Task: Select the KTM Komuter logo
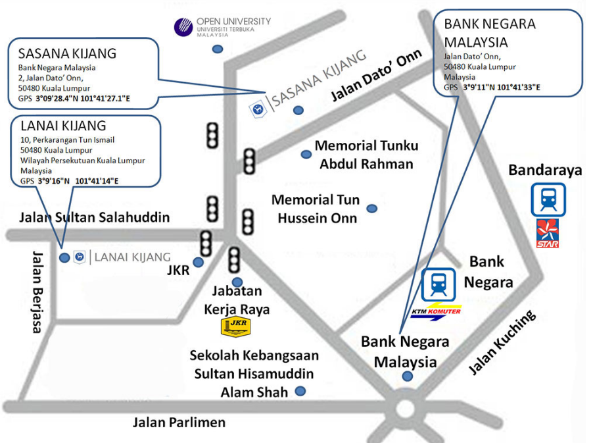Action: [436, 311]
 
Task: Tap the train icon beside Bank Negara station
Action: [438, 285]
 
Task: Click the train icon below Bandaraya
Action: [548, 199]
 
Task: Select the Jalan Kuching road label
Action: [502, 342]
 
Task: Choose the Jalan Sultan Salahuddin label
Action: [94, 217]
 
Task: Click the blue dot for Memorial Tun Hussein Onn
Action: [372, 208]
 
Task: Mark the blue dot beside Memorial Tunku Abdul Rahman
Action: [306, 154]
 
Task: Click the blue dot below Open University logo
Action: [218, 49]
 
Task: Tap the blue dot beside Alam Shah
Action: [300, 391]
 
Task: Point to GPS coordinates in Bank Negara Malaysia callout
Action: [492, 86]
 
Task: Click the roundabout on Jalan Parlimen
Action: [406, 409]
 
